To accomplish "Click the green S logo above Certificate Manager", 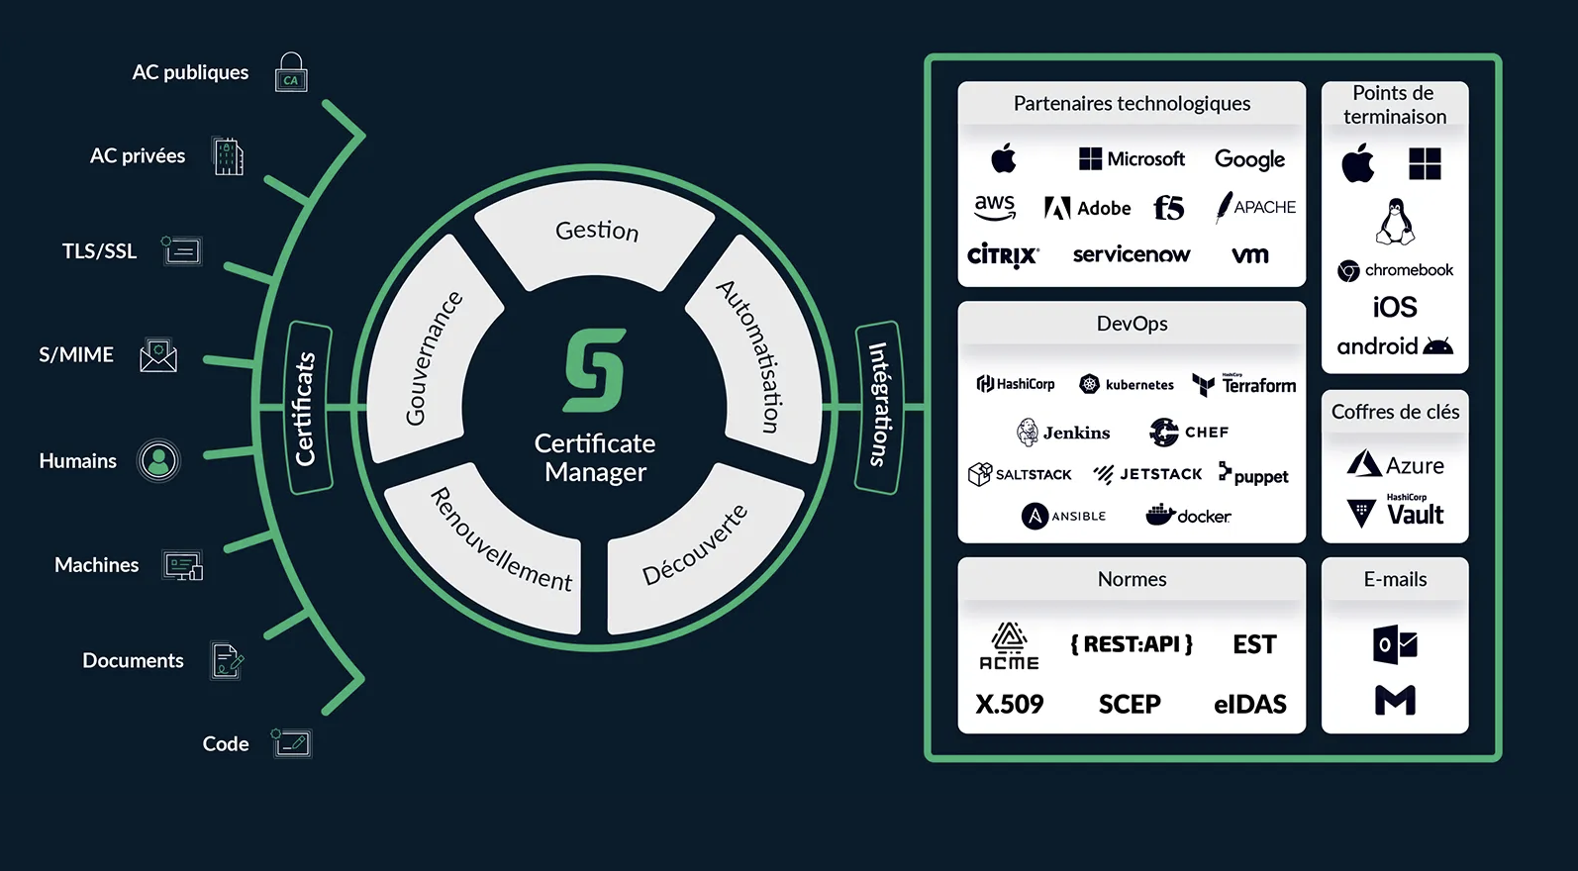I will coord(595,370).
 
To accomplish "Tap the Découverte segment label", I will coord(695,544).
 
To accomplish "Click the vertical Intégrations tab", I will coord(878,406).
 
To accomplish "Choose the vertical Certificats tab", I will coord(307,407).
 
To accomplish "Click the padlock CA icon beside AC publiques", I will coord(291,73).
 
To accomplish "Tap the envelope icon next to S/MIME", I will coord(158,355).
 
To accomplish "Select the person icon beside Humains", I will coord(158,460).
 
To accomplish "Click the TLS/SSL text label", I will coord(99,251).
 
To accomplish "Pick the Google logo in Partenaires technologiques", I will coord(1249,159).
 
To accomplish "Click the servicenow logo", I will coord(1132,255).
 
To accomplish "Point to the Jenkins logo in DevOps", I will coord(1063,433).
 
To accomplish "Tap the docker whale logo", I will coord(1188,516).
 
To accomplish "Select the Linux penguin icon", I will coord(1395,221).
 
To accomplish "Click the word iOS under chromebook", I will coord(1395,308).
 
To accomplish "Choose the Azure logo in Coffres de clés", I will coord(1395,465).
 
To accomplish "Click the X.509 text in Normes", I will coord(1010,704).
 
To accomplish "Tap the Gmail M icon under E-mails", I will coord(1395,701).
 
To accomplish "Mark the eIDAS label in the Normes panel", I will coord(1249,704).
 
